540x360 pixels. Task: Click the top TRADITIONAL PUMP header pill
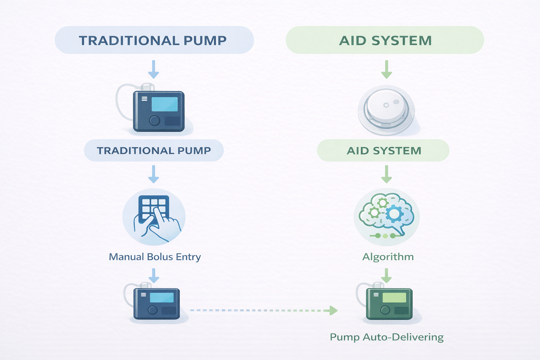(x=154, y=40)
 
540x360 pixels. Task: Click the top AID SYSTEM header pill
(x=385, y=40)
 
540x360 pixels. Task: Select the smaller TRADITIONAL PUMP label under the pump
(x=154, y=150)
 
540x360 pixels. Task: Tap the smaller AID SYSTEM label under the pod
(x=383, y=150)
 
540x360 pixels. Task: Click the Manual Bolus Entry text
(x=155, y=257)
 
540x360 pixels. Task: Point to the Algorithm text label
(x=388, y=257)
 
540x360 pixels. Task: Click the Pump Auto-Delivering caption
(x=386, y=337)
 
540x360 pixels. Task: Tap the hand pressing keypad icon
(x=154, y=216)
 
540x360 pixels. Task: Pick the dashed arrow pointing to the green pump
(x=264, y=310)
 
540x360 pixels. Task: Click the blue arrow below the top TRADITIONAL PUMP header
(x=154, y=69)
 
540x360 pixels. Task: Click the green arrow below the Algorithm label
(x=386, y=275)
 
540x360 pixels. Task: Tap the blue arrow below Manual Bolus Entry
(x=154, y=275)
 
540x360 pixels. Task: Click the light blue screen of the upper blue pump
(x=165, y=104)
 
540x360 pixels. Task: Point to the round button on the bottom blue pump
(x=153, y=310)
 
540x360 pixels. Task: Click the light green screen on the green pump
(x=394, y=298)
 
